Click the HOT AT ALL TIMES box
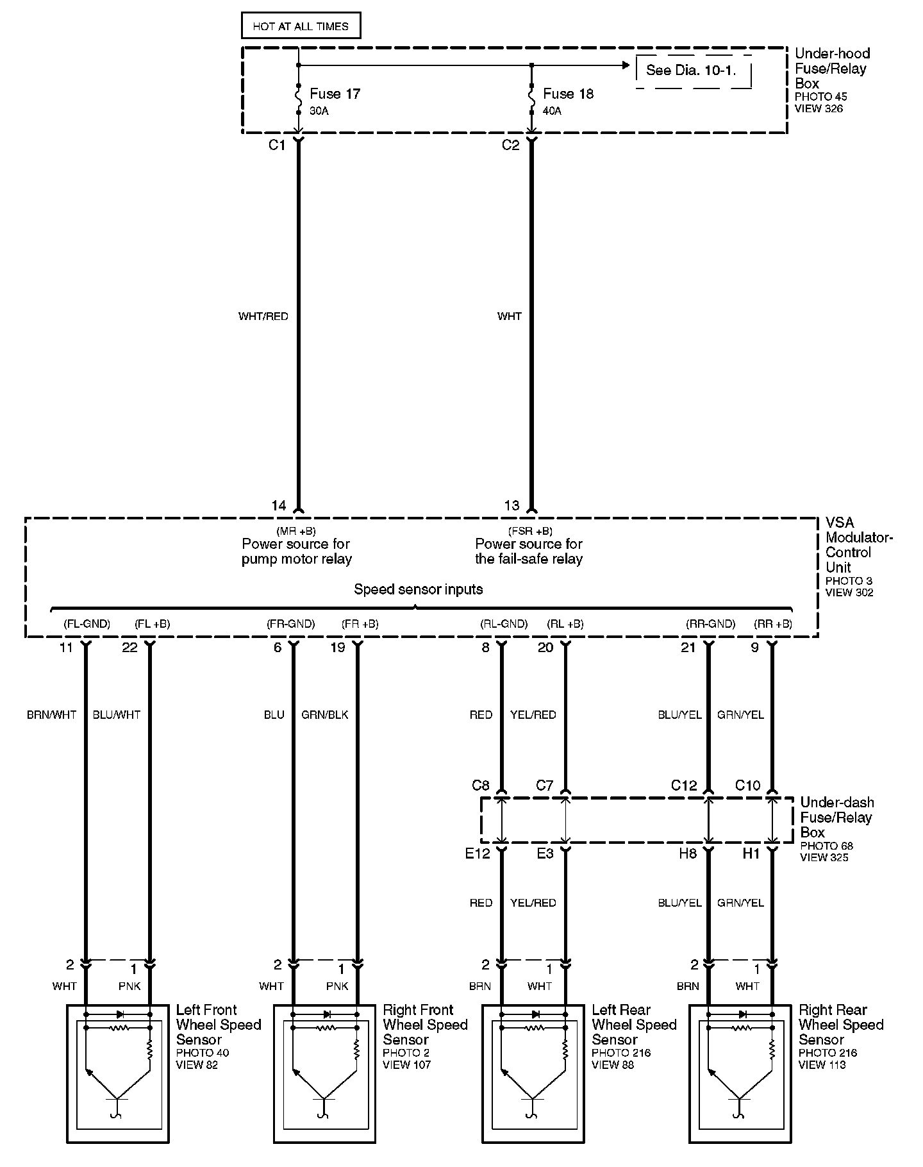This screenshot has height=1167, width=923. pos(301,26)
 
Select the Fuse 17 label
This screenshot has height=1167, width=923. pos(335,94)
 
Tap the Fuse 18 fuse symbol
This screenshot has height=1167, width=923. pos(531,99)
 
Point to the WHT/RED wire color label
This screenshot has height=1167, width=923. pos(263,316)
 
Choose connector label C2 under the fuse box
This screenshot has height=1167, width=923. pos(510,146)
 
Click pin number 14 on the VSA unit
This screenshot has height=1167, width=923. pos(278,506)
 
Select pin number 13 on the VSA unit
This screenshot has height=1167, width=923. pos(511,506)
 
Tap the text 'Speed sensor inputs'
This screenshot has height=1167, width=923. pos(419,589)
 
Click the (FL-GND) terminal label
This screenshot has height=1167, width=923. pos(87,623)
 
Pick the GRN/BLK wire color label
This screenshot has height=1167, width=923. pos(324,714)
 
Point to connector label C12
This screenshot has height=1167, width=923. pos(683,785)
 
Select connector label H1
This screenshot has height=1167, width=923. pos(751,853)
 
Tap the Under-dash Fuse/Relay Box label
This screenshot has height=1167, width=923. pos(836,818)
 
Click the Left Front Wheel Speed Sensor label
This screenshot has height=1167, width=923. pos(218,1025)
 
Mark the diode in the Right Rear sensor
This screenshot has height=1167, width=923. pos(743,1014)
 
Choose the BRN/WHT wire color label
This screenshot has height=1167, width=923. pos(51,714)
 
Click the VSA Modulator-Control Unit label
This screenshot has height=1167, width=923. pos(858,545)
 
